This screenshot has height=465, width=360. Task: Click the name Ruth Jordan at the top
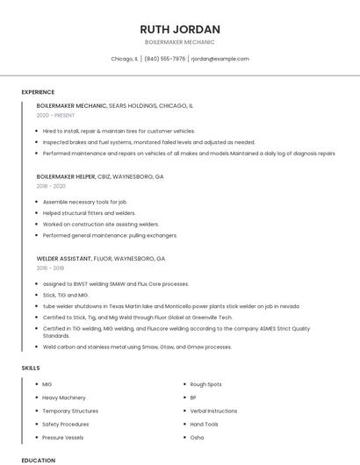(180, 29)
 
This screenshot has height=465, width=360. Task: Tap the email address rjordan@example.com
(220, 59)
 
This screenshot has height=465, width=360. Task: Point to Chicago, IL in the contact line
(125, 59)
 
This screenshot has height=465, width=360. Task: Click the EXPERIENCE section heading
(38, 92)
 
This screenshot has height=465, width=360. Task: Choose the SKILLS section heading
(31, 368)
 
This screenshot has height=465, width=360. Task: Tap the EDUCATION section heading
(38, 460)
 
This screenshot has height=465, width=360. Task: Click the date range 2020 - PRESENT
(55, 115)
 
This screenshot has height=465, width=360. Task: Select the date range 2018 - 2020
(51, 186)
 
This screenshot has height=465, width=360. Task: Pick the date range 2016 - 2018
(51, 268)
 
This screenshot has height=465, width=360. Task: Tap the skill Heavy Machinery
(64, 397)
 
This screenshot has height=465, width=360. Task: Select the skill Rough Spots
(205, 384)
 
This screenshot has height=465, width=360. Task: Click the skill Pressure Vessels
(63, 437)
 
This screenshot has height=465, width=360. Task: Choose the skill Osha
(197, 437)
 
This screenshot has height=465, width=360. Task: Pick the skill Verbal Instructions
(213, 411)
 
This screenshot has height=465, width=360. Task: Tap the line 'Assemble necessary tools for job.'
(85, 201)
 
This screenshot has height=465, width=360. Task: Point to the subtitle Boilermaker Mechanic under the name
(180, 41)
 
